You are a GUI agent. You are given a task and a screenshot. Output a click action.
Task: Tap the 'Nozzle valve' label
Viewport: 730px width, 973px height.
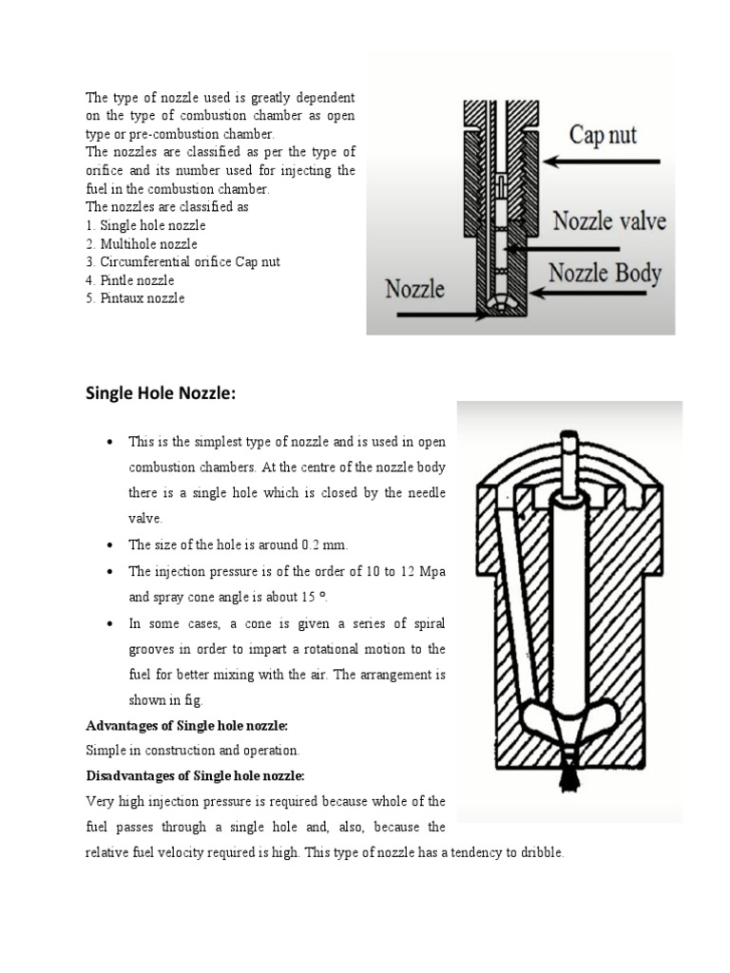609,223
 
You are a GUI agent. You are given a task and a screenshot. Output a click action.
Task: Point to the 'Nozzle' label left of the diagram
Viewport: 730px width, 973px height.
414,287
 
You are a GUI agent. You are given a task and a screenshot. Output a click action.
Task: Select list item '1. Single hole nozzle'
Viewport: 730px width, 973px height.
145,225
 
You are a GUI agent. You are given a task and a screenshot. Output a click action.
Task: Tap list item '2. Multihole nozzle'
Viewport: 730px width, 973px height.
142,243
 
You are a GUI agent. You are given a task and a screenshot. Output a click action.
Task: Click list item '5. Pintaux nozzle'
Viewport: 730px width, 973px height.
135,297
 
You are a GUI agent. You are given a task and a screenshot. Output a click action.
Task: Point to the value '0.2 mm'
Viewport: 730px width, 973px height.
324,544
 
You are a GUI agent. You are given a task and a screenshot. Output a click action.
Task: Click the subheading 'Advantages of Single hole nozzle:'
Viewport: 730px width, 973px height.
186,725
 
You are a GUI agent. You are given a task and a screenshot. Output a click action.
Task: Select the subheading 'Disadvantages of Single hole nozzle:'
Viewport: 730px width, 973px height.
195,774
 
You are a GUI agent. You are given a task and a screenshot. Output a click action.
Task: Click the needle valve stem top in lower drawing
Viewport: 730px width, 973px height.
568,444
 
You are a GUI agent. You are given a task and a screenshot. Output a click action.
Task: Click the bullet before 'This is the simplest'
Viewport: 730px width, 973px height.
112,443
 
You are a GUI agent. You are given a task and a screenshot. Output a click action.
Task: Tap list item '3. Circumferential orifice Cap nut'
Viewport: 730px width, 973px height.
183,261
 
